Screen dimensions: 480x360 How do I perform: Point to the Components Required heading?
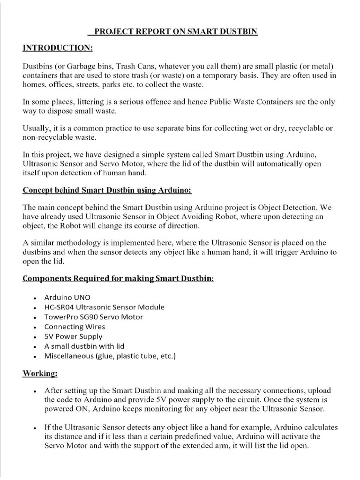(118, 278)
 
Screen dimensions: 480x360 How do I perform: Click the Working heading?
(40, 374)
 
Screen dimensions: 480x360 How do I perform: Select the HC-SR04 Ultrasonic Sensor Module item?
(104, 307)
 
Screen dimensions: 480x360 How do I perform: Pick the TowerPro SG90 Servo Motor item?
(94, 317)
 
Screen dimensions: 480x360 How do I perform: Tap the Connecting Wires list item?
(75, 327)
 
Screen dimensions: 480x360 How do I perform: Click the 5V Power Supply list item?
(73, 337)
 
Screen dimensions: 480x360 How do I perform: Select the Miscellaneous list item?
(110, 356)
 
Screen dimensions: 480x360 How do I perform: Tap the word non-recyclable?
(46, 137)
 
